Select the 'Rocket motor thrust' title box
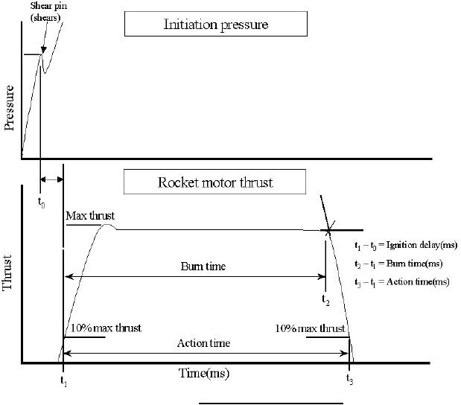pos(214,182)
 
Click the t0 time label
pos(40,202)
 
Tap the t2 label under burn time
pos(325,299)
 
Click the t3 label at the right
pos(349,379)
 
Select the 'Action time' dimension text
pos(204,343)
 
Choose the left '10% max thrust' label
pos(105,328)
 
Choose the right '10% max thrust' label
pos(309,328)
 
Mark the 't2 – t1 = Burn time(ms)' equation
pos(398,264)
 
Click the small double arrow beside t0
pos(52,179)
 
